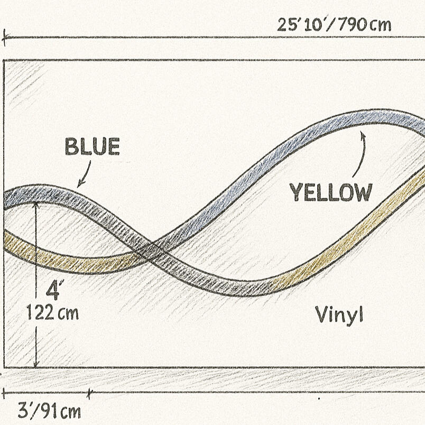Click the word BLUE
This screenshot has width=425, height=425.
click(x=93, y=146)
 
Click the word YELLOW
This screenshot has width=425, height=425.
click(x=331, y=192)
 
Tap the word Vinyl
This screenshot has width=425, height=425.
click(x=339, y=315)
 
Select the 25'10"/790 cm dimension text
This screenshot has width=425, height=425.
click(x=334, y=25)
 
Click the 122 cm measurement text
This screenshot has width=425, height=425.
click(x=52, y=312)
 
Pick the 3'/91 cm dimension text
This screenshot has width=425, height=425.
click(x=49, y=411)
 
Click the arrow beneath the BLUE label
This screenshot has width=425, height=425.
click(x=84, y=174)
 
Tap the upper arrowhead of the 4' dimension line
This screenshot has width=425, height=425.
click(x=36, y=205)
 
